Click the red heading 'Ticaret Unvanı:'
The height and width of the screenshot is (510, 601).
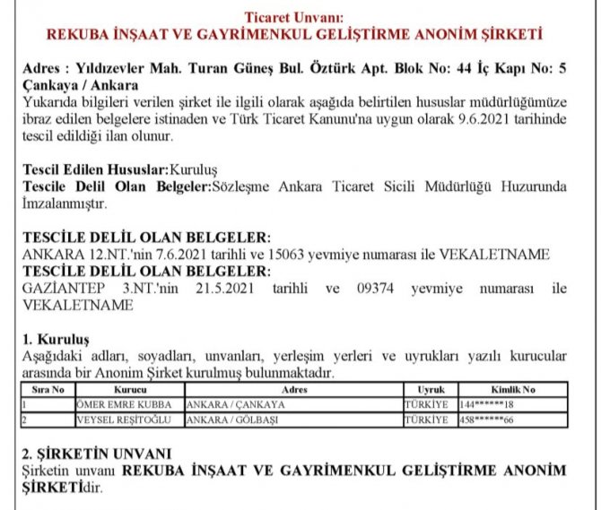(x=300, y=18)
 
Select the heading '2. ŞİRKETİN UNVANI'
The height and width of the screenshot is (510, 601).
(x=96, y=454)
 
